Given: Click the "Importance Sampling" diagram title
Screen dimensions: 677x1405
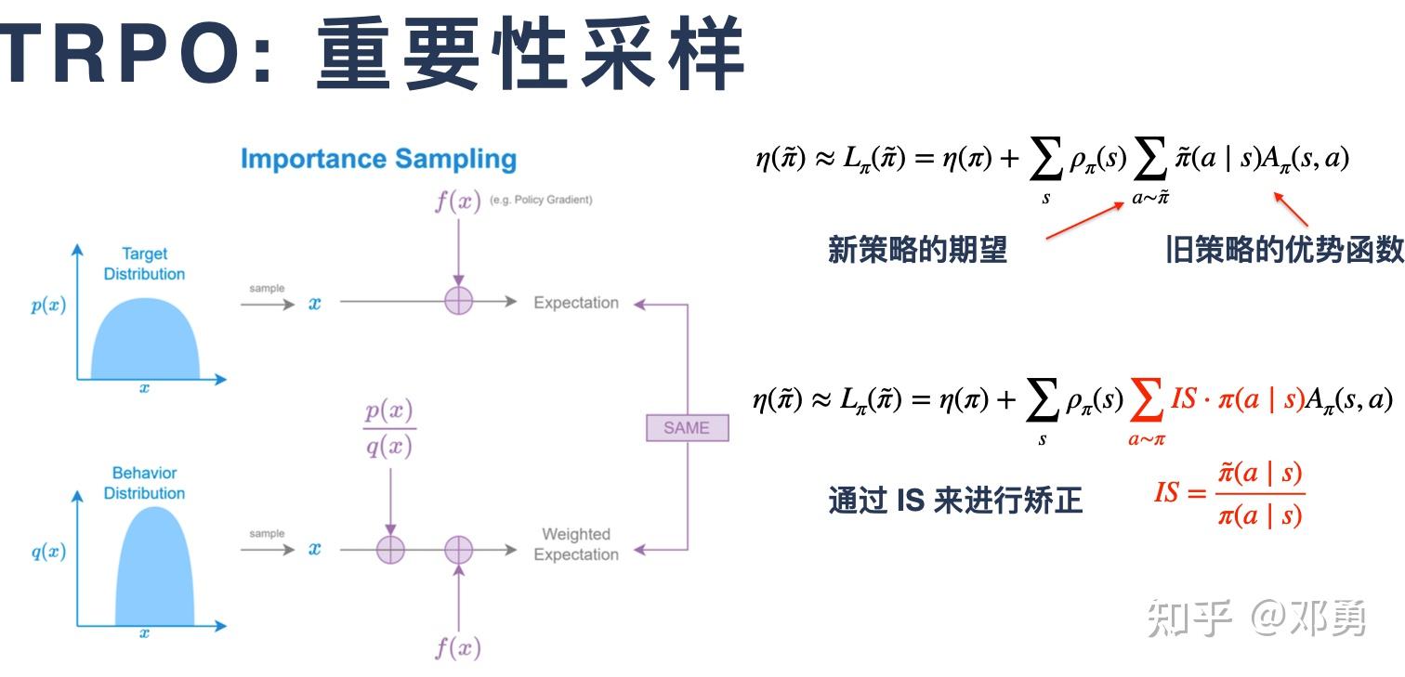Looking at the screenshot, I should (378, 159).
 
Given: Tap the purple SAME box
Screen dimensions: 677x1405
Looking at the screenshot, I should (687, 428).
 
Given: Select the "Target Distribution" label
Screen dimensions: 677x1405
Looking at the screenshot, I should (144, 264).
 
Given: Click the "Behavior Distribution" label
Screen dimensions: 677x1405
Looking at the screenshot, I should (144, 483).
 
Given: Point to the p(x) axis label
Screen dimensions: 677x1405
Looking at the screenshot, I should (48, 306).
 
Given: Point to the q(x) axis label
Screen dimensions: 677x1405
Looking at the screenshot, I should (48, 551).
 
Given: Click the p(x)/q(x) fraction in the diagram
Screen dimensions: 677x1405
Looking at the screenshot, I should (389, 429).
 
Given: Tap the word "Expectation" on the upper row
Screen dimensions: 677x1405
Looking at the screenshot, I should (575, 303).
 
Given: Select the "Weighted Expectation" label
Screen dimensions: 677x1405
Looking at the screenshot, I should (575, 544).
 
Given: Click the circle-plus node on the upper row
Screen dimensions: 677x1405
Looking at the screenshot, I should (459, 301).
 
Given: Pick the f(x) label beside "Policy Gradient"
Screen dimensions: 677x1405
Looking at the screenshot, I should (458, 201).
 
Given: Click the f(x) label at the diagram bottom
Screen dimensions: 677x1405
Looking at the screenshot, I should (458, 646).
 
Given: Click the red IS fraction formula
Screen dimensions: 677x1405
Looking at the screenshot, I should (1229, 494).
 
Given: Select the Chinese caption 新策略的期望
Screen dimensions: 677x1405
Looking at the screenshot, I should (917, 250).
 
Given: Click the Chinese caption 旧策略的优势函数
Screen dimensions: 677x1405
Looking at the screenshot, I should (1284, 250).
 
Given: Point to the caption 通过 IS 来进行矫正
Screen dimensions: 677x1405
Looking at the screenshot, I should (954, 501).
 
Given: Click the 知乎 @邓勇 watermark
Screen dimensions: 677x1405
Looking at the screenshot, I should (1256, 618).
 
